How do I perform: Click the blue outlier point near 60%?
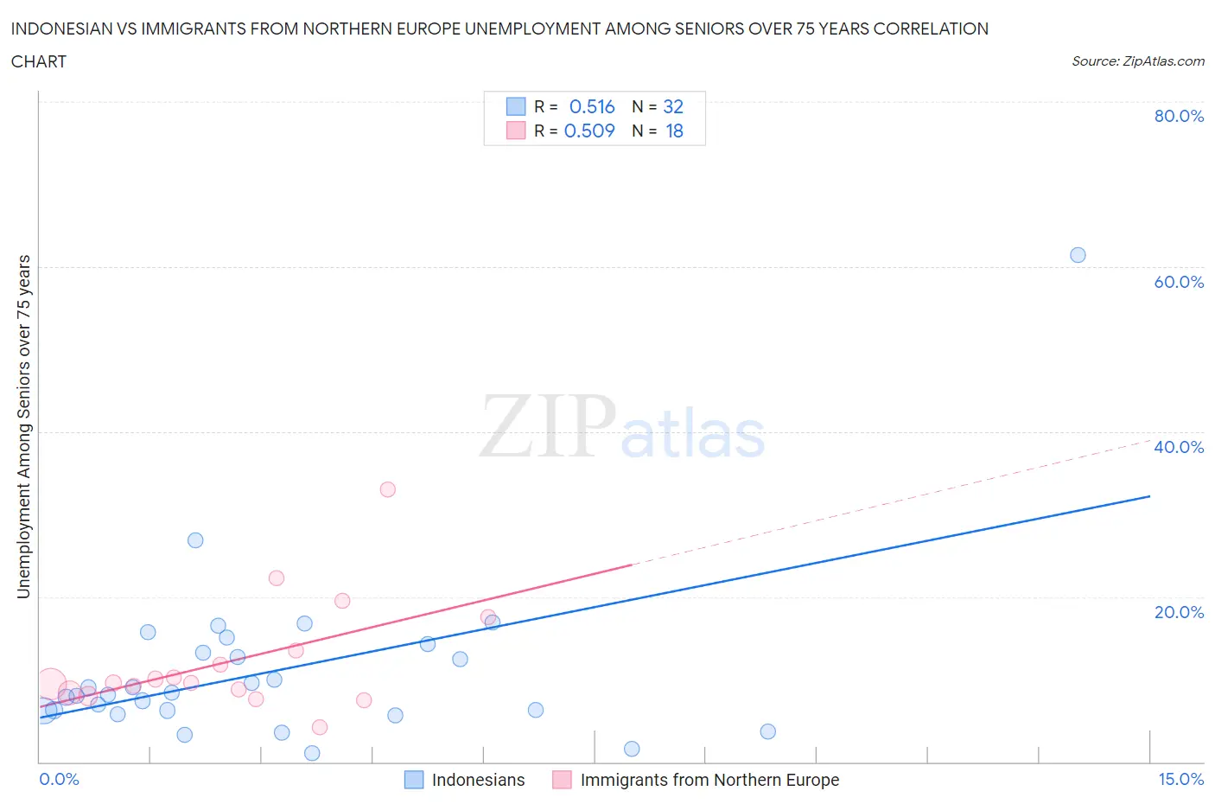(1078, 255)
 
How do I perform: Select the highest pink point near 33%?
(388, 489)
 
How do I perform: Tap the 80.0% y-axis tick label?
(1179, 116)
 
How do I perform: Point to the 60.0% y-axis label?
(1179, 282)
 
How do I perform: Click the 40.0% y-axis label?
(1179, 447)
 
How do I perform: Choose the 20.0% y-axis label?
(1179, 612)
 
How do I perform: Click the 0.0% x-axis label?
(59, 780)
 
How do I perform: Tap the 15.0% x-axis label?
(1180, 780)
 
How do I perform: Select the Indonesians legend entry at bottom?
(478, 780)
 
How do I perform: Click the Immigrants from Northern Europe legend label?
(709, 780)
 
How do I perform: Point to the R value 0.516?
(592, 106)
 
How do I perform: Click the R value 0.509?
(589, 131)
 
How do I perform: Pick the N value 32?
(673, 106)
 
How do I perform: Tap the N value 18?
(674, 131)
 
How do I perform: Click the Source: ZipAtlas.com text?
(1137, 61)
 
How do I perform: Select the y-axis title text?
(23, 426)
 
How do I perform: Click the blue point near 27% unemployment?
(195, 540)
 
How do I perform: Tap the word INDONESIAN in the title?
(62, 29)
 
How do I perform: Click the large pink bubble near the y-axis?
(51, 684)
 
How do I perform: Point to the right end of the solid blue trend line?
(1149, 496)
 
